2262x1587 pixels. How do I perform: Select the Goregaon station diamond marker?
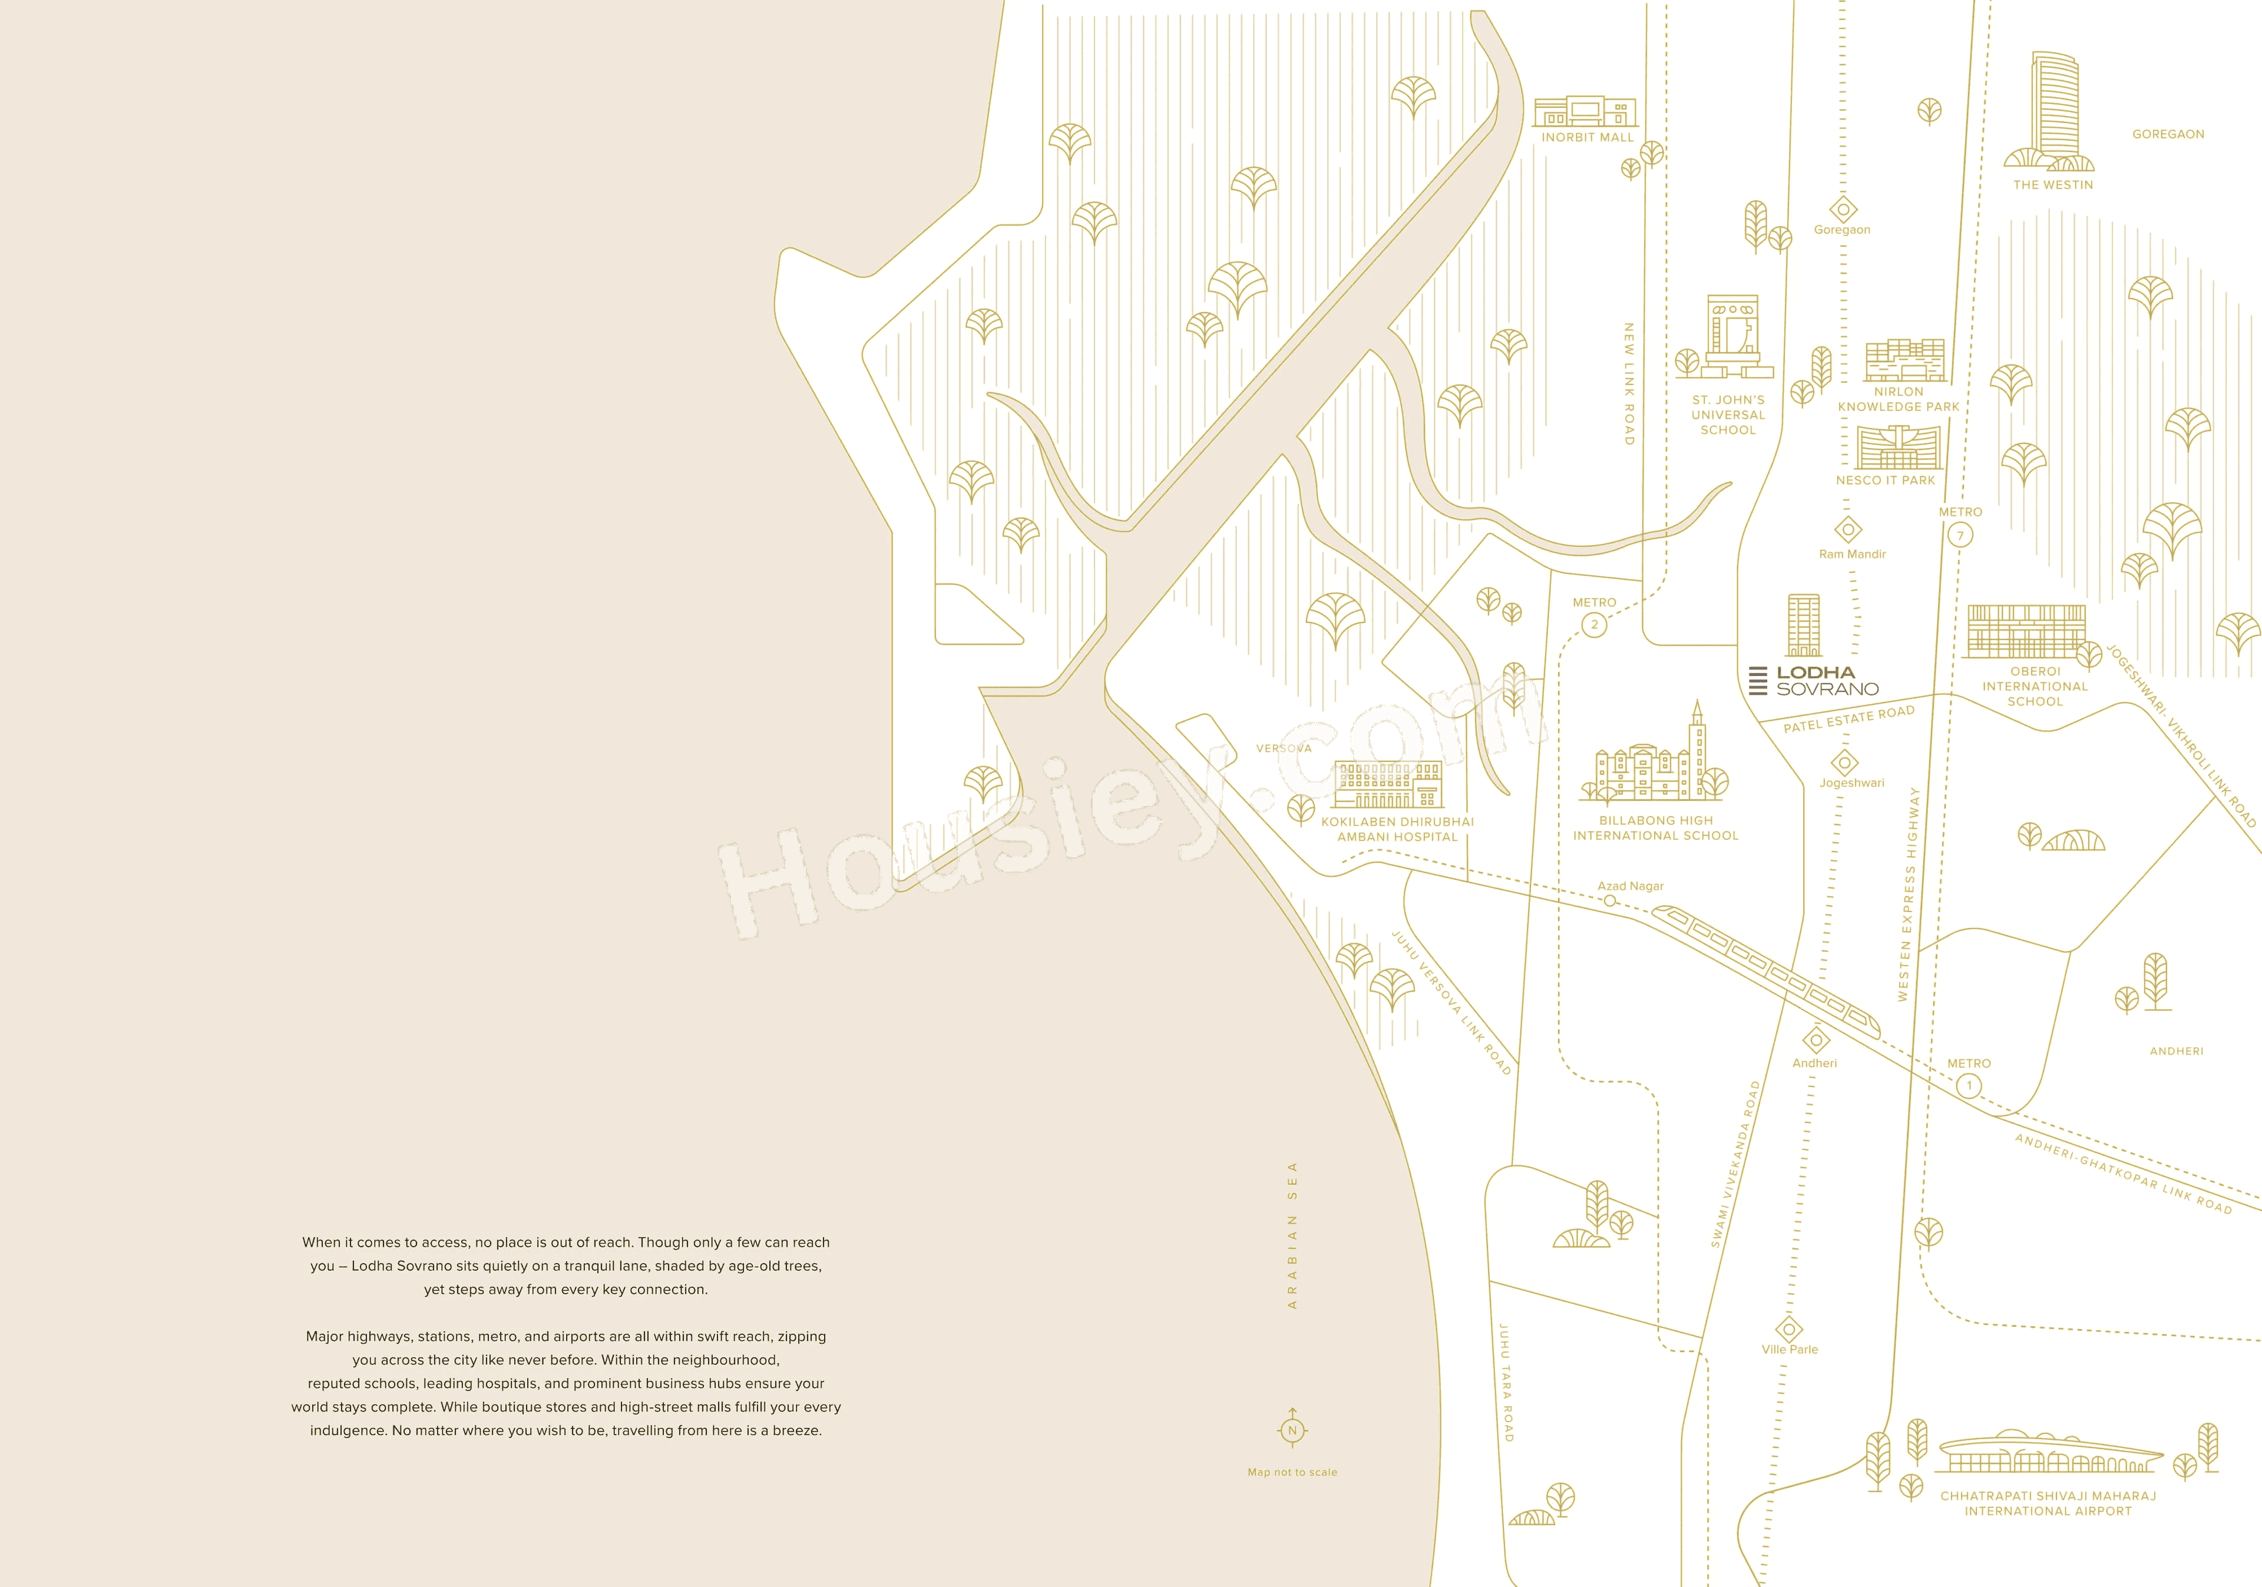tap(1843, 209)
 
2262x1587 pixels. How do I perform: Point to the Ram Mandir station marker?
tap(1848, 530)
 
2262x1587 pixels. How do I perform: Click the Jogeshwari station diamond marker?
tap(1844, 761)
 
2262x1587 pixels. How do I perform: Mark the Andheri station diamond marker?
tap(1815, 1039)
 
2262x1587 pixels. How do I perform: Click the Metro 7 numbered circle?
tap(1960, 535)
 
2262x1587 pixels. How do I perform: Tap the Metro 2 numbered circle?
tap(1594, 625)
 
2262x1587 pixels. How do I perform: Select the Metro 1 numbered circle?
tap(1969, 1086)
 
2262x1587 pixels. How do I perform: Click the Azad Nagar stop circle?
tap(1610, 900)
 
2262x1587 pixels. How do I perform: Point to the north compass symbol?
tap(1292, 1429)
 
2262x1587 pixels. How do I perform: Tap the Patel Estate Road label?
tap(1848, 718)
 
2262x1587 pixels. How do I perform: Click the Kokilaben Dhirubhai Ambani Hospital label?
tap(1397, 829)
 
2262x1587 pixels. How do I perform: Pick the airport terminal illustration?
tap(2049, 1454)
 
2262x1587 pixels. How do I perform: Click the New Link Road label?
tap(1629, 384)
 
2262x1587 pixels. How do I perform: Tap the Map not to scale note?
tap(1292, 1472)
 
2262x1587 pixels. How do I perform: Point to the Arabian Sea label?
tap(1292, 1235)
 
